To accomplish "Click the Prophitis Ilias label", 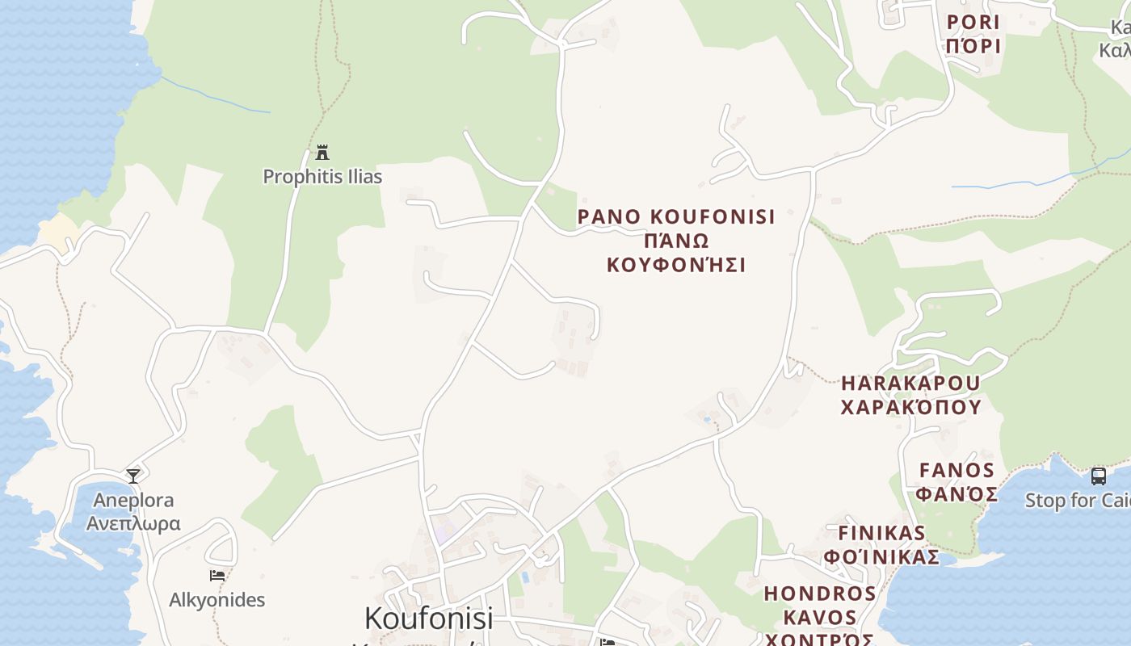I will click(322, 176).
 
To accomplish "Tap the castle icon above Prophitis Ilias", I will click(322, 152).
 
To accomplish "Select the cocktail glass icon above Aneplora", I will click(133, 476).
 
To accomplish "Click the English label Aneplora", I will click(133, 500).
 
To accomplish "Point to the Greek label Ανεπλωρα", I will click(133, 523).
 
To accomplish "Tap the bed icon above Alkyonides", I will click(217, 576).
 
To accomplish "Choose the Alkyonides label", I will click(217, 600).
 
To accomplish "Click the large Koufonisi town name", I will click(428, 618).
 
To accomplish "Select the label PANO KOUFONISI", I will click(676, 216).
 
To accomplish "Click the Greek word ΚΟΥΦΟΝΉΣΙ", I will click(676, 265).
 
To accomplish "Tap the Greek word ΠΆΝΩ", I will click(676, 241).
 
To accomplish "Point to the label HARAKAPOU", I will click(910, 382).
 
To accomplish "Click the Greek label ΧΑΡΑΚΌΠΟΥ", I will click(910, 406).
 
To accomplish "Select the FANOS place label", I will click(957, 470).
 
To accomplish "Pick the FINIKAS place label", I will click(881, 533).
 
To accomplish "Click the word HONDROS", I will click(820, 594).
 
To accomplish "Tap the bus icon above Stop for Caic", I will click(1099, 476).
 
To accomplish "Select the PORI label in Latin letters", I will click(973, 22).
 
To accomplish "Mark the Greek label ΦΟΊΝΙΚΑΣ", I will click(881, 557).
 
